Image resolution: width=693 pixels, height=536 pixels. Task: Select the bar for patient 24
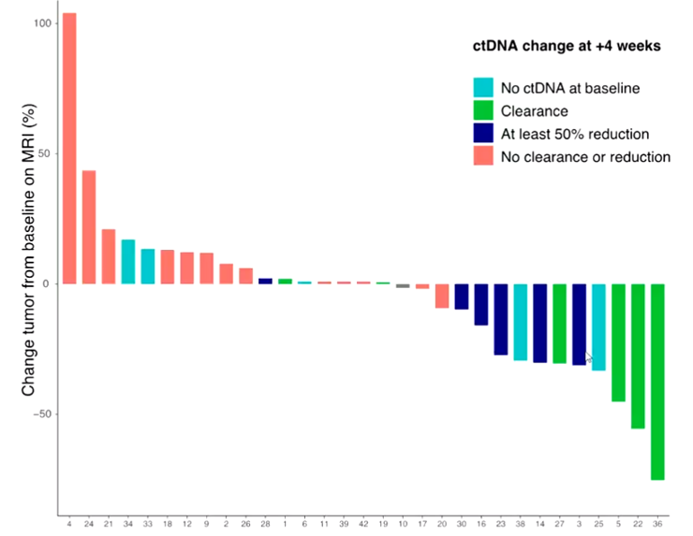pos(89,226)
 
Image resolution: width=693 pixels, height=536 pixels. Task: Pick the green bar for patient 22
pos(638,355)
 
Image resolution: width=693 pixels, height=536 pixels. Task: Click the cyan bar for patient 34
pos(128,261)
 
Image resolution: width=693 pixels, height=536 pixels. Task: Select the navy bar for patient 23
pos(501,319)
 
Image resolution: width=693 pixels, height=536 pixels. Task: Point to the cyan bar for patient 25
pos(598,326)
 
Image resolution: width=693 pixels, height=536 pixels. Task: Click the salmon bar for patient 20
pos(442,296)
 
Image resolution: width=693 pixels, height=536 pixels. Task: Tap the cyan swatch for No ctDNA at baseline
pos(483,88)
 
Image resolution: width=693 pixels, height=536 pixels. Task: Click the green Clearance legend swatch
pos(483,111)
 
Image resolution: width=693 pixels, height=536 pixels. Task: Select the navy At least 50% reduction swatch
pos(483,134)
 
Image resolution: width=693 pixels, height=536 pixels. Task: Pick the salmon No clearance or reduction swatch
pos(483,156)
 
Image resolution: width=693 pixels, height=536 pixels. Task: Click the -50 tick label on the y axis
pos(42,413)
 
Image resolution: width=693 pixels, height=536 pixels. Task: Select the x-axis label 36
pos(657,524)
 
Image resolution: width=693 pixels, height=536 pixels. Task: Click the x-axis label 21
pos(109,524)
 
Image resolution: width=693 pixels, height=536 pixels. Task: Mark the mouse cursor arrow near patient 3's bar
pos(588,356)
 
